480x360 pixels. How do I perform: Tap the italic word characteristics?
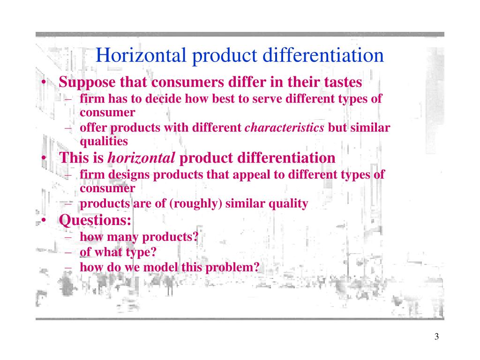[x=285, y=128]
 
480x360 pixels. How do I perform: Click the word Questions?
[x=95, y=220]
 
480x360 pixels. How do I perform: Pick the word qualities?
[x=103, y=141]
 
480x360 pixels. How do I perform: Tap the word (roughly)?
[x=197, y=204]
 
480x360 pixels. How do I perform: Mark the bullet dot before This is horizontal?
[x=43, y=158]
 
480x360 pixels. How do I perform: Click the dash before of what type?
[x=69, y=253]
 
